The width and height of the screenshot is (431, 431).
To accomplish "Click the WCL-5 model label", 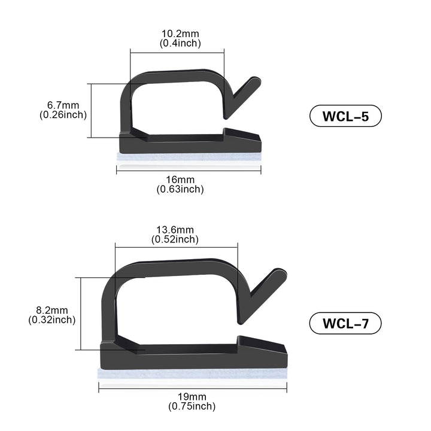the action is click(345, 116).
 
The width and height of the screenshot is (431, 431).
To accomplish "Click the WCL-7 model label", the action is click(345, 323).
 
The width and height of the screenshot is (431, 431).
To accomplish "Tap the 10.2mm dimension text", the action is click(180, 34).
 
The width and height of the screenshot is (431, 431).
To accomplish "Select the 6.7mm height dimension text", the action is click(63, 105).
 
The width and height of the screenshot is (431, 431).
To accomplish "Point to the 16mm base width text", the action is click(180, 180).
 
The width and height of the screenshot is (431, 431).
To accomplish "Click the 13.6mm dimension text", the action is click(175, 230).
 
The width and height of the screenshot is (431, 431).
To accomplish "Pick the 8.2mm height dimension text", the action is click(52, 310).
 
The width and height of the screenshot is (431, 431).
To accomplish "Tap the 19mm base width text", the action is click(192, 397).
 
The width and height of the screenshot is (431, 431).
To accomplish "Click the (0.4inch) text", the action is click(180, 44).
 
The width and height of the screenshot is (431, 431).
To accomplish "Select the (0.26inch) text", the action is click(63, 115).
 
